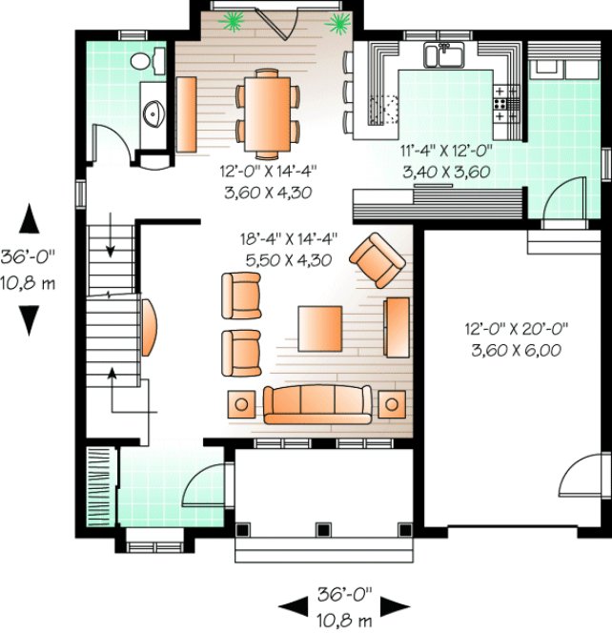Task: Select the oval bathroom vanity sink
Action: tap(153, 114)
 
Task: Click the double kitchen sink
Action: tap(443, 55)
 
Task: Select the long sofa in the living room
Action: tap(317, 403)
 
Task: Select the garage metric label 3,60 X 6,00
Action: tap(516, 349)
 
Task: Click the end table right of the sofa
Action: tap(391, 404)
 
